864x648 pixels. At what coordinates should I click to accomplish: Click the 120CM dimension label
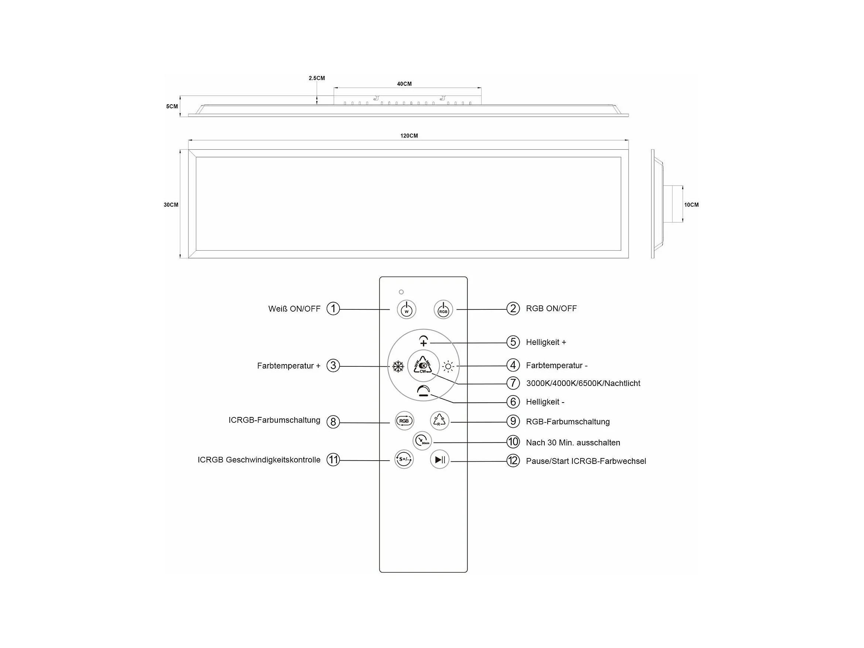click(409, 136)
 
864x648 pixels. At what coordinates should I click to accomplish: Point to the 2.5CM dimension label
click(317, 78)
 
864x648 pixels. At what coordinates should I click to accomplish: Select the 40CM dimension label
click(404, 84)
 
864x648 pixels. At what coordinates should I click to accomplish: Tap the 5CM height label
click(172, 106)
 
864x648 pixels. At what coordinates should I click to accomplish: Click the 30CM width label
click(171, 205)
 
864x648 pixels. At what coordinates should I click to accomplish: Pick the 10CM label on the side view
click(691, 205)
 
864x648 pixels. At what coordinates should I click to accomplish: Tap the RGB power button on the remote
click(443, 310)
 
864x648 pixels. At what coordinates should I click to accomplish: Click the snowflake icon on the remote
click(398, 367)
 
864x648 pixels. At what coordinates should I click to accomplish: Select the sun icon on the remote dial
click(448, 367)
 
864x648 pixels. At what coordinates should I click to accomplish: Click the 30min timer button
click(422, 441)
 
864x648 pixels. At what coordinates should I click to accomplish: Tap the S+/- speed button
click(404, 459)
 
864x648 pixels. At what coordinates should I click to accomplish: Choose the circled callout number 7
click(513, 383)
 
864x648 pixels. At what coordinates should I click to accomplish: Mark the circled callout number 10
click(513, 442)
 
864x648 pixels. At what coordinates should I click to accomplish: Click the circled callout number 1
click(333, 309)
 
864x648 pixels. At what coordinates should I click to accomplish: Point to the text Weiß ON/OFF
click(294, 309)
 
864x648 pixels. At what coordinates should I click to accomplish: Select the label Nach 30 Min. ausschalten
click(573, 442)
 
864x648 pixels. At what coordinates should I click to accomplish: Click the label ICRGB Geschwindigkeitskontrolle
click(259, 460)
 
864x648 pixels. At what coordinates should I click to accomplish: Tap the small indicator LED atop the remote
click(401, 292)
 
